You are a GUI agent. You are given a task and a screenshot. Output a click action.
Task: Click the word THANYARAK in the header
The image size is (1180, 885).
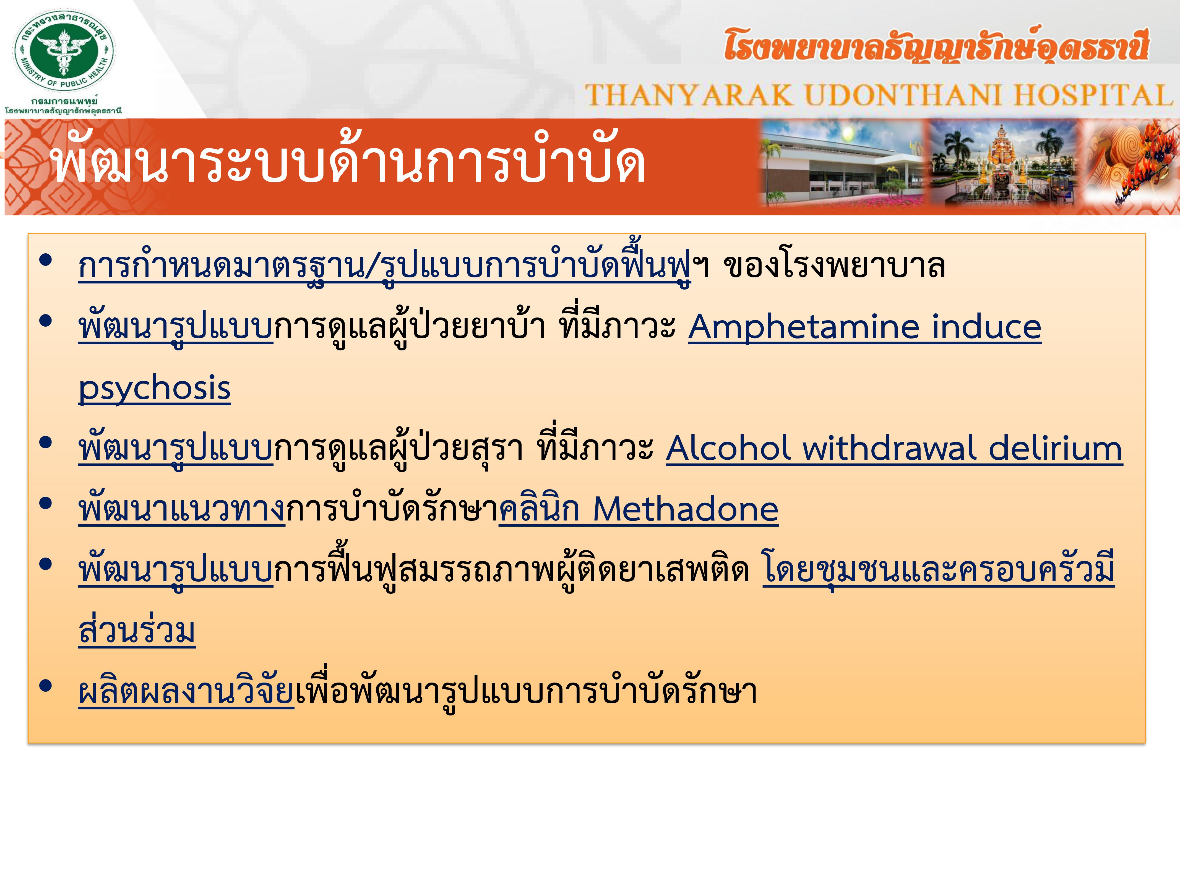click(689, 95)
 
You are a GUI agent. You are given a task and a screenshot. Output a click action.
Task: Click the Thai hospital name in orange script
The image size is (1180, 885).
click(936, 45)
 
